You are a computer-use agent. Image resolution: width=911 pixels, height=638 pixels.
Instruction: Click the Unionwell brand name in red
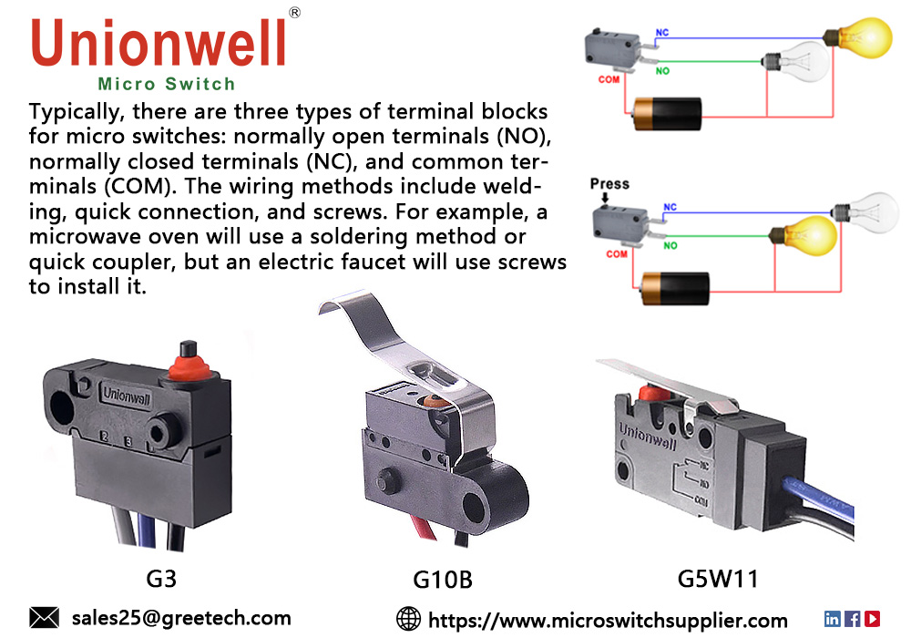pyautogui.click(x=160, y=43)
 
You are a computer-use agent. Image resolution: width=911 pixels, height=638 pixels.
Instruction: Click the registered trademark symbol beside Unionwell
pyautogui.click(x=294, y=12)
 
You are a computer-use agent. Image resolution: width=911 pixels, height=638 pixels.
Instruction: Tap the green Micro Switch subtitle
pyautogui.click(x=166, y=85)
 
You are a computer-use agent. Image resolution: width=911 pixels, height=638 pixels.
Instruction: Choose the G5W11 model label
pyautogui.click(x=718, y=578)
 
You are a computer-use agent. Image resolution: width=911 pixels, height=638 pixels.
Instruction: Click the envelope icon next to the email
pyautogui.click(x=44, y=618)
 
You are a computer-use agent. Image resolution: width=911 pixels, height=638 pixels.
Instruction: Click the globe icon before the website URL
pyautogui.click(x=409, y=619)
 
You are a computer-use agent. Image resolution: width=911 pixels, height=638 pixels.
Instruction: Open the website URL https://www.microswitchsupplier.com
pyautogui.click(x=608, y=620)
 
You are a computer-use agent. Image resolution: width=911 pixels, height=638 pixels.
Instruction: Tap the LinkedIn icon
pyautogui.click(x=833, y=618)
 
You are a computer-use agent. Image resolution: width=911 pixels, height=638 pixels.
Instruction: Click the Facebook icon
pyautogui.click(x=853, y=618)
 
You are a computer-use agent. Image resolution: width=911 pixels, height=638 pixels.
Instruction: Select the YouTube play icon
pyautogui.click(x=873, y=618)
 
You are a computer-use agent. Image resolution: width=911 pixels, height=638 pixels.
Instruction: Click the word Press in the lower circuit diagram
pyautogui.click(x=609, y=183)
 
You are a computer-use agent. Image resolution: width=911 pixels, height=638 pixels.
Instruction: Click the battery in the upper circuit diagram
pyautogui.click(x=667, y=114)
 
